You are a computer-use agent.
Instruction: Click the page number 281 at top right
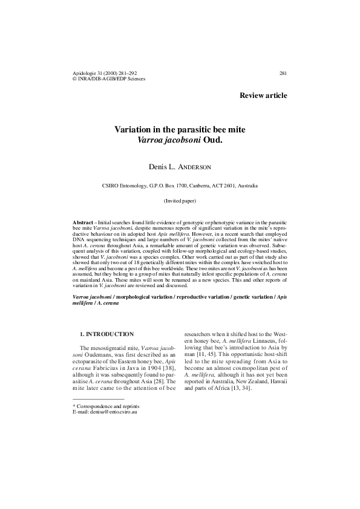283,73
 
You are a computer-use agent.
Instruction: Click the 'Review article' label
263,96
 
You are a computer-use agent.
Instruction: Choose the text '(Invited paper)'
180,200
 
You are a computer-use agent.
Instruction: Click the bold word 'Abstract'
82,222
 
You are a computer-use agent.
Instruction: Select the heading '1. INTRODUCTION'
106,334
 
